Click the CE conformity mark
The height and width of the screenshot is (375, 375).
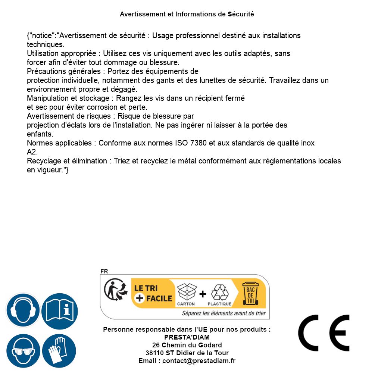pos(324,333)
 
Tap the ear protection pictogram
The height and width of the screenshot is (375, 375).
pos(22,310)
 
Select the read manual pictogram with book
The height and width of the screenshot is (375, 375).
pos(60,310)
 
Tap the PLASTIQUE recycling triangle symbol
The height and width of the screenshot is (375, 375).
pos(219,293)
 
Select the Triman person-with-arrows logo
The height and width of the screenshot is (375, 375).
pos(114,290)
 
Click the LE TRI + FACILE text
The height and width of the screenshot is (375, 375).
pos(153,293)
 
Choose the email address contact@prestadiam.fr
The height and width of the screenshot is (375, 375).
pos(199,361)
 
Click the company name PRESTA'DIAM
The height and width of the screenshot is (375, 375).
pos(187,337)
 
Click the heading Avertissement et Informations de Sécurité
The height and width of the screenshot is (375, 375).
pos(187,14)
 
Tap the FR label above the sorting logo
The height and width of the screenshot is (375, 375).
pos(104,271)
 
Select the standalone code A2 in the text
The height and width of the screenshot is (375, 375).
pos(32,152)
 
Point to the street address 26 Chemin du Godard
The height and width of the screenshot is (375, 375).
pos(187,345)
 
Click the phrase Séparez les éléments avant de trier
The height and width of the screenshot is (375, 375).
pos(224,313)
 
